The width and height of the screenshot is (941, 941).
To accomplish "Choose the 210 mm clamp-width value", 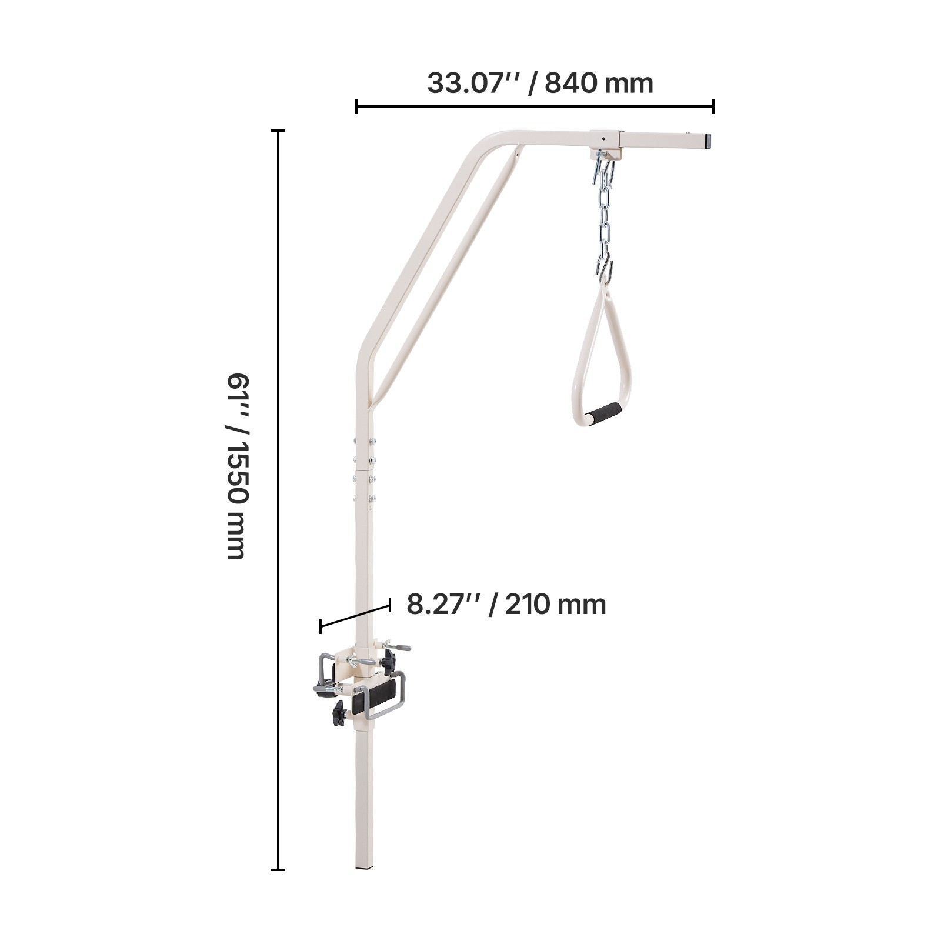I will [x=555, y=604].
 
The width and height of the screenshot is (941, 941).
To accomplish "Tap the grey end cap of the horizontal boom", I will [x=710, y=140].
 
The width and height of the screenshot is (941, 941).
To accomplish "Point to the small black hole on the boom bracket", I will [x=603, y=139].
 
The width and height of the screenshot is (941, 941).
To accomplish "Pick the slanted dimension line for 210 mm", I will [x=355, y=615].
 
